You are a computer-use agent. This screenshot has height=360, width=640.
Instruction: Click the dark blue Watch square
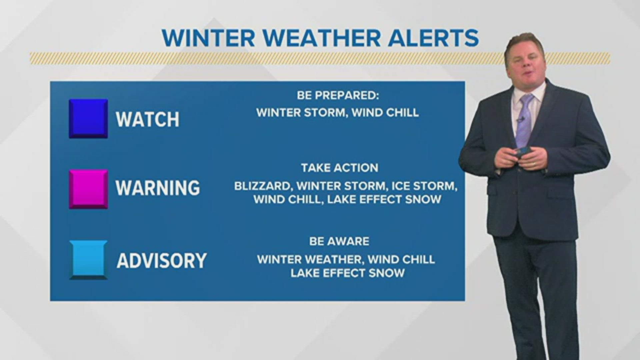click(88, 118)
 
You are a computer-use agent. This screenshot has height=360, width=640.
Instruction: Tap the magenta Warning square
click(88, 189)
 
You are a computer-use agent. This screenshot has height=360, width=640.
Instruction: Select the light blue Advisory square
click(88, 259)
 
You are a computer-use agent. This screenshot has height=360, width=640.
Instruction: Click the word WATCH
click(147, 119)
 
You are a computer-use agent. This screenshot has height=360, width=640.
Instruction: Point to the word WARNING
click(158, 188)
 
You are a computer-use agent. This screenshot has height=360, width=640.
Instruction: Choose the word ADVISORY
click(162, 260)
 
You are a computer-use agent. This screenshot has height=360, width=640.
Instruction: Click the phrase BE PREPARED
click(338, 96)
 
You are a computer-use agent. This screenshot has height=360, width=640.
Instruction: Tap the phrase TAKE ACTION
click(340, 168)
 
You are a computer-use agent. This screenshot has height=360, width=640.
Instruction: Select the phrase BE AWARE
click(339, 241)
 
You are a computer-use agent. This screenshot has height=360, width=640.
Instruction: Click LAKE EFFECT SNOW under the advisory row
click(348, 273)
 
